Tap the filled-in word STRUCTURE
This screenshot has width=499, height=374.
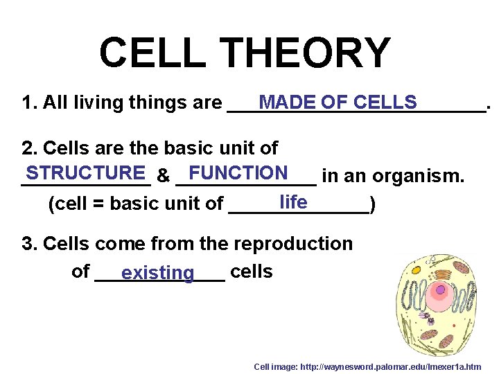pyautogui.click(x=87, y=172)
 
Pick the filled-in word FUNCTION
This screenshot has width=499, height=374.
pyautogui.click(x=238, y=172)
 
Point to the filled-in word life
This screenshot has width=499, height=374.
pyautogui.click(x=293, y=202)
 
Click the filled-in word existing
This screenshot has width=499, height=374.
pyautogui.click(x=157, y=273)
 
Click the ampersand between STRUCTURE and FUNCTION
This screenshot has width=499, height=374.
pyautogui.click(x=164, y=177)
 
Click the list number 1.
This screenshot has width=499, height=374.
pyautogui.click(x=28, y=103)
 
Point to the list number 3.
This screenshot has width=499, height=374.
pyautogui.click(x=28, y=244)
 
